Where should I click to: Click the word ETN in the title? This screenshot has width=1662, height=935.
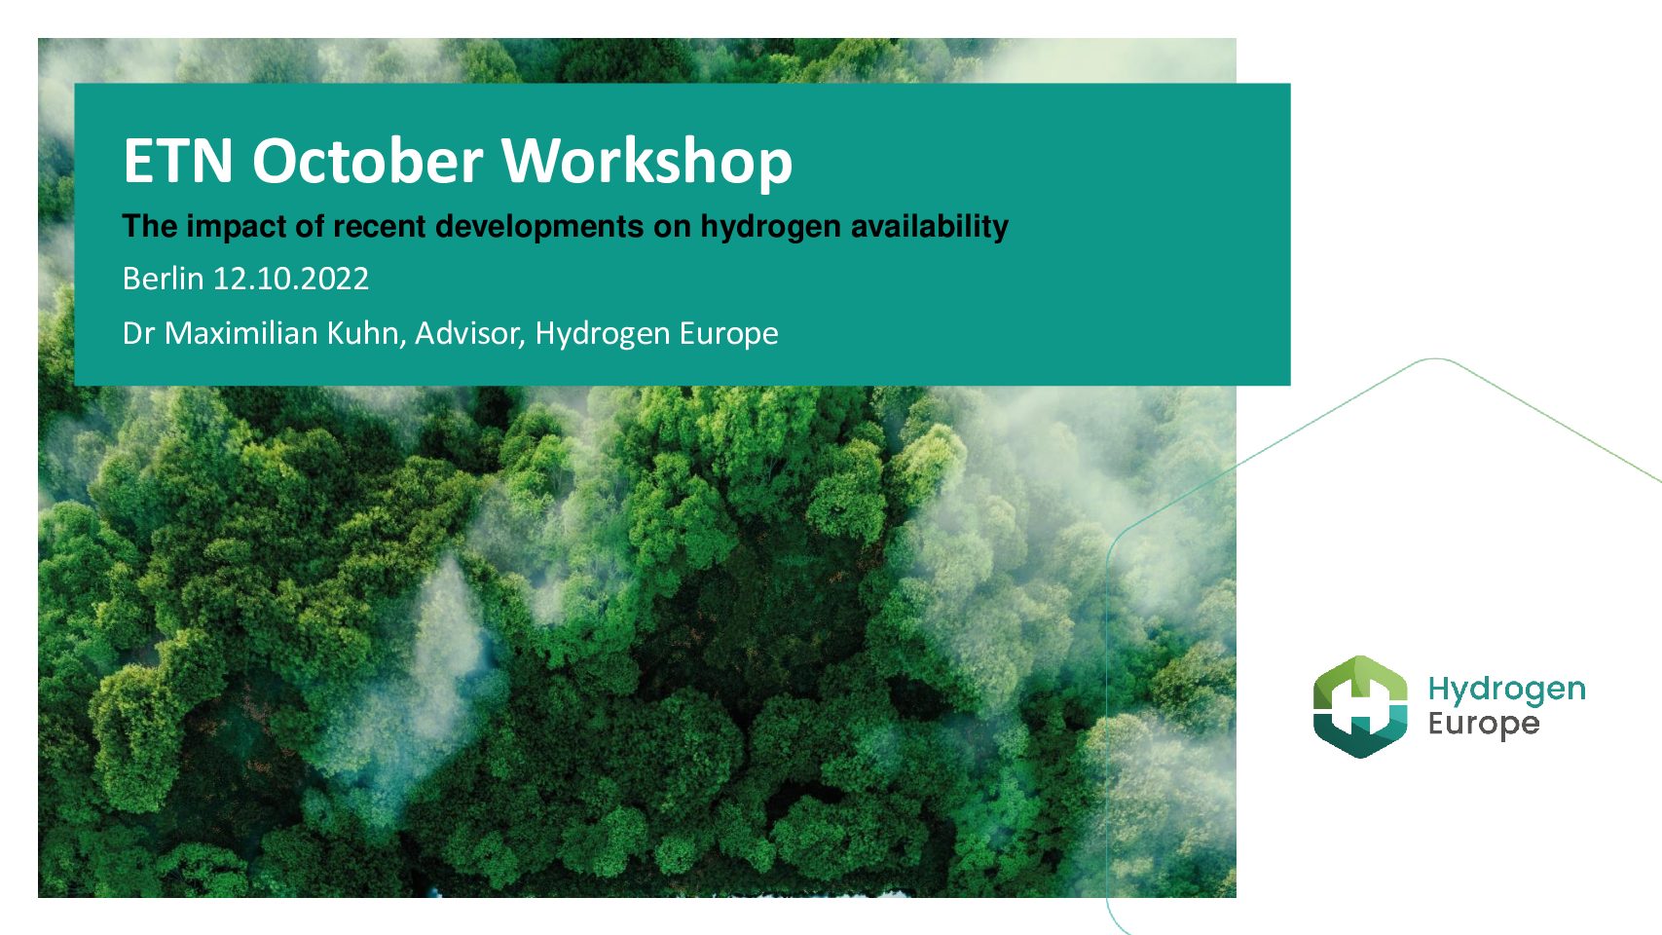point(178,161)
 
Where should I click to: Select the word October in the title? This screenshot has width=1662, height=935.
point(368,161)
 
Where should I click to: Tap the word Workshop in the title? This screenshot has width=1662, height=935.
point(647,164)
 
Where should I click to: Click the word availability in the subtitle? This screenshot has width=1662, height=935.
point(930,226)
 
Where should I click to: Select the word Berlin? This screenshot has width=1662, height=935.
point(164,279)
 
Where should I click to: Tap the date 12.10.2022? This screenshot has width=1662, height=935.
point(291,279)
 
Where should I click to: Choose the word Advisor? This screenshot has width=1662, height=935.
point(470,334)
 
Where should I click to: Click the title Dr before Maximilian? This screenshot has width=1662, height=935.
point(139,334)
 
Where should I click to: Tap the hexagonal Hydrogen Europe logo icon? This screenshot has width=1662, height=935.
point(1360,706)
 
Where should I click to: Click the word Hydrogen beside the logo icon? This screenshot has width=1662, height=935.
point(1507,691)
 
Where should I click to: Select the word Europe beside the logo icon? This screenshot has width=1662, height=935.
point(1484,724)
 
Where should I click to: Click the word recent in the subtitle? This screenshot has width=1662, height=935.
point(380,226)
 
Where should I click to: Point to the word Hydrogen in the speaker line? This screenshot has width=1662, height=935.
point(603,335)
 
